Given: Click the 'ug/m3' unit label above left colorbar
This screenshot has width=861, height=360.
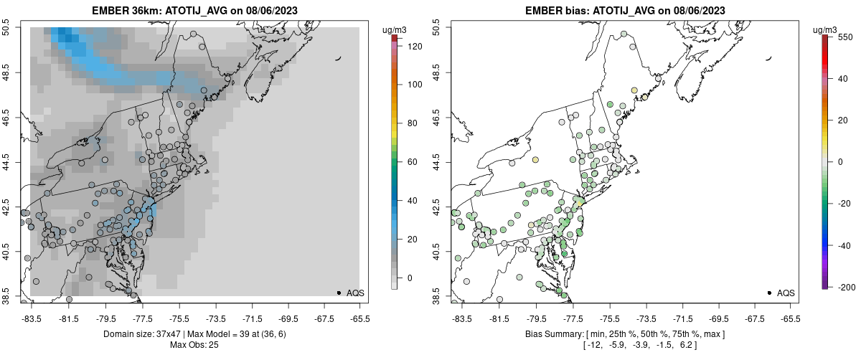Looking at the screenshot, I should [395, 29].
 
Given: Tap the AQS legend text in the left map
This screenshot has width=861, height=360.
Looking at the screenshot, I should [355, 293].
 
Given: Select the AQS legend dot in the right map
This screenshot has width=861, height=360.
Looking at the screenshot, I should [768, 293].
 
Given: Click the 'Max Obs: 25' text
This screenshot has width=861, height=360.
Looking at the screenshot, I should [194, 345].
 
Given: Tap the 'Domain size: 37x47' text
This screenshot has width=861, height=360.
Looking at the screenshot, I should [142, 334].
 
